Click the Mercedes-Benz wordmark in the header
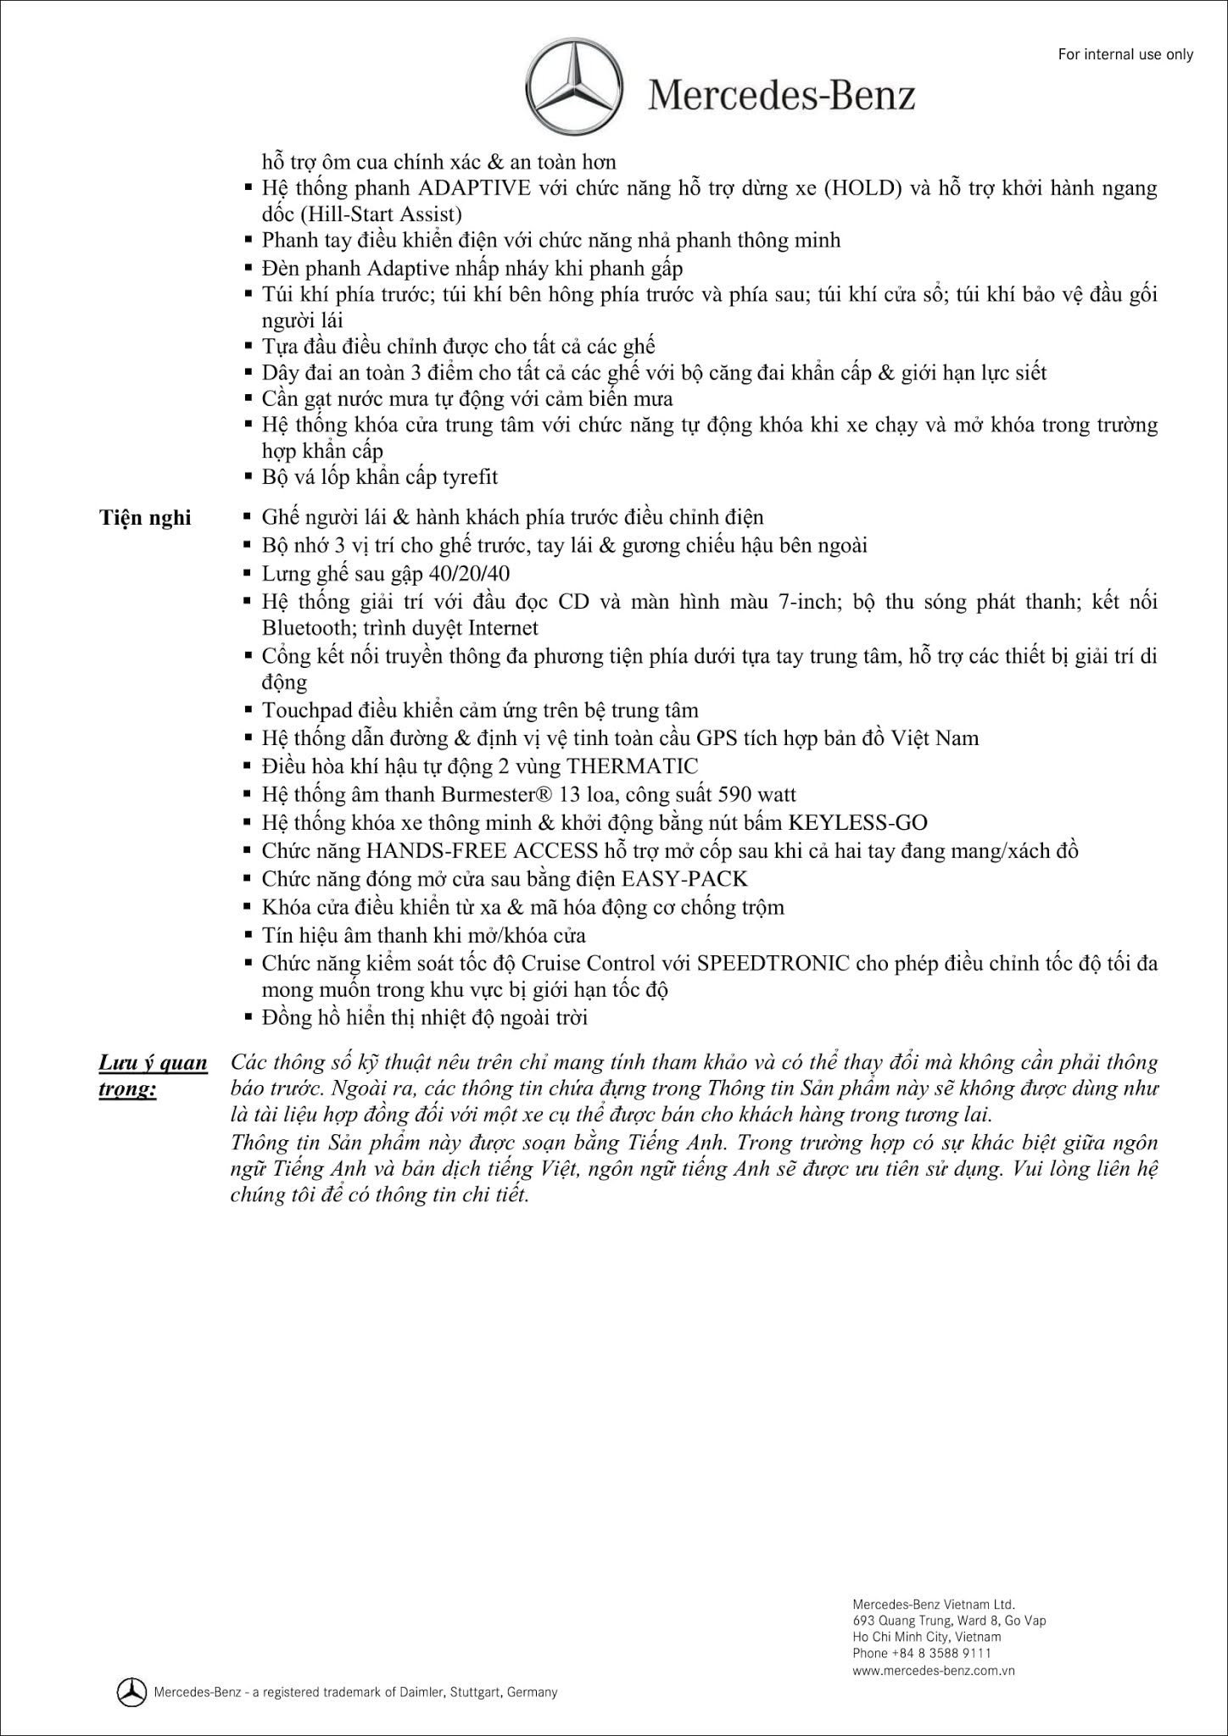[781, 95]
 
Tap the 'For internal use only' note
[1125, 54]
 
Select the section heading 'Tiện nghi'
[145, 517]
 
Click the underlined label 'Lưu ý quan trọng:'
[153, 1075]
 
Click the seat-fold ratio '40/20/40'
[470, 573]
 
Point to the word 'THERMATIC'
[633, 766]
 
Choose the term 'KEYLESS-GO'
[857, 822]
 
